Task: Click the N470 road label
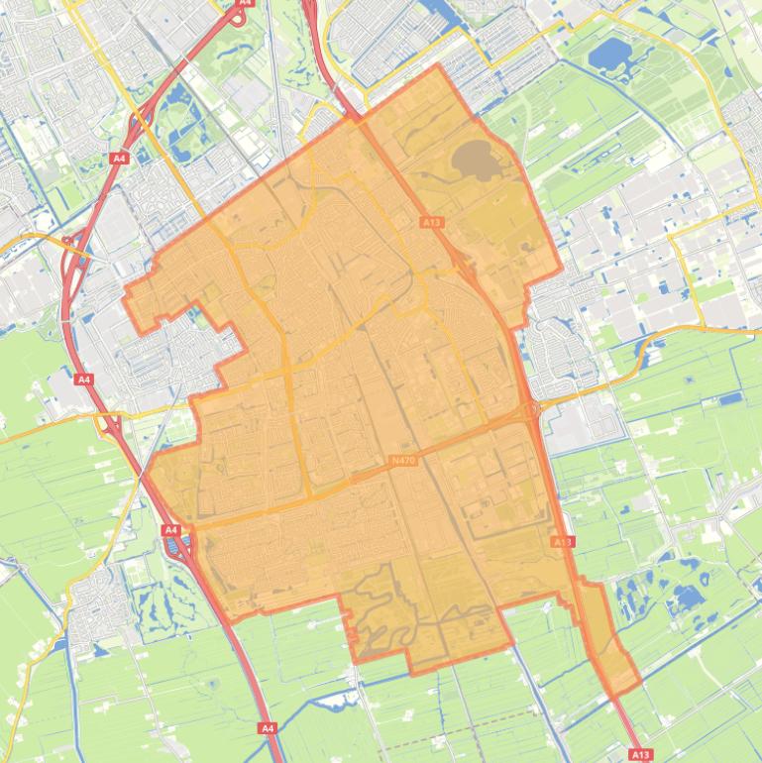coord(403,460)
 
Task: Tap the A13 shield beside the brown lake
coord(431,223)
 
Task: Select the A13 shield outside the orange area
coord(640,755)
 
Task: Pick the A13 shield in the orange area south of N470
coord(562,542)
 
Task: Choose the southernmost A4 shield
coord(267,728)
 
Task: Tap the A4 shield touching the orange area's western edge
coord(169,531)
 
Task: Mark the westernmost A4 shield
coord(83,379)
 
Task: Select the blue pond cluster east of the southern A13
coord(684,596)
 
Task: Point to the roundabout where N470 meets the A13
coord(530,408)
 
